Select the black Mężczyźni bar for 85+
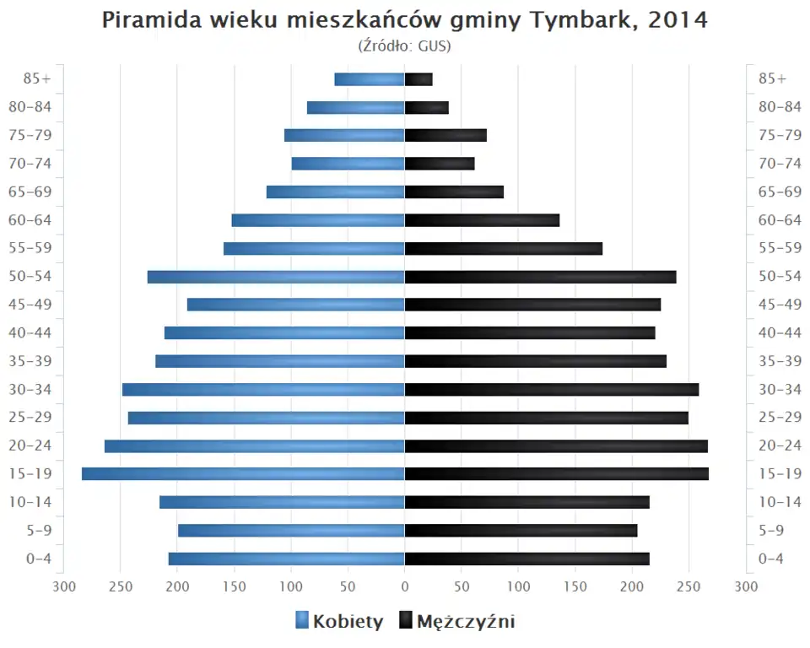(418, 79)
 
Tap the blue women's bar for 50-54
(276, 277)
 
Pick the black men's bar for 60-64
(482, 220)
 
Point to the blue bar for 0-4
(286, 559)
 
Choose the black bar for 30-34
(552, 389)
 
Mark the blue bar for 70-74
(348, 164)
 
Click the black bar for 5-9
(521, 530)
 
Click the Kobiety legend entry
(339, 622)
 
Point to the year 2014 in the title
(678, 20)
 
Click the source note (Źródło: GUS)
(405, 46)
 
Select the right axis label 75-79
(780, 135)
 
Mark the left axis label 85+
(39, 78)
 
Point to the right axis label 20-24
(780, 445)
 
